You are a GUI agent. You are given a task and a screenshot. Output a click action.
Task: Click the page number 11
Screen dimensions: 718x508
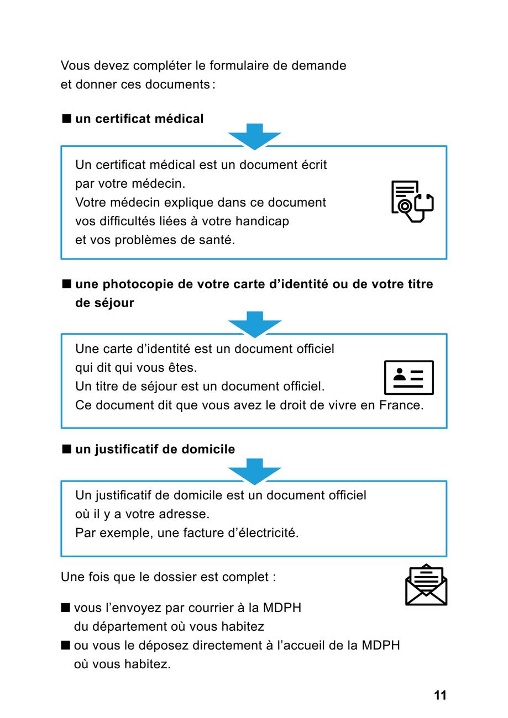click(x=440, y=695)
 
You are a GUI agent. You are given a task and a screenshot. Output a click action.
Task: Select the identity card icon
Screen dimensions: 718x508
click(x=409, y=378)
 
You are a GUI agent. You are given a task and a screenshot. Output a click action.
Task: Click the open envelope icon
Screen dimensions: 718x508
click(x=426, y=585)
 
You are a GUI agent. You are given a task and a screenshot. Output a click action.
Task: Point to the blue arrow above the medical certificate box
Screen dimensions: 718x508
click(x=255, y=136)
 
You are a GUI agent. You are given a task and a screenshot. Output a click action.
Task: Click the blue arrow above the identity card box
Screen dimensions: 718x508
click(x=255, y=324)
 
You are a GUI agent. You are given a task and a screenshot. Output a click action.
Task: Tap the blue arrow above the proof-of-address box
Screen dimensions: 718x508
click(x=255, y=471)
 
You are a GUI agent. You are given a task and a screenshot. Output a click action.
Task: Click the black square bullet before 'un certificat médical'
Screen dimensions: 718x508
click(x=67, y=119)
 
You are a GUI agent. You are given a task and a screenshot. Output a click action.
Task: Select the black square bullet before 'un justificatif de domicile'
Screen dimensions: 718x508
click(x=67, y=449)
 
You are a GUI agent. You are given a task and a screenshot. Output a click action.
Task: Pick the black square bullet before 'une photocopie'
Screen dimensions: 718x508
click(x=67, y=284)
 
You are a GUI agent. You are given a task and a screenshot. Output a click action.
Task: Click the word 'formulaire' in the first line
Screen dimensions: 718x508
click(x=240, y=66)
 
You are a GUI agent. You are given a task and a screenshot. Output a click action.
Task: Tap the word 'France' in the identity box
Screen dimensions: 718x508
click(x=401, y=405)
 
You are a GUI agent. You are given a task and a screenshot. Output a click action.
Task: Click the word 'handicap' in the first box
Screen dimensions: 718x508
click(x=262, y=221)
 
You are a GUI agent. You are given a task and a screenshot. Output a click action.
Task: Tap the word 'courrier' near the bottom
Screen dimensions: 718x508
click(x=212, y=608)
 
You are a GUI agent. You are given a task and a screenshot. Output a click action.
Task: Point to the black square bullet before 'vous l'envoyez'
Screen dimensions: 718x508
click(x=66, y=608)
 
